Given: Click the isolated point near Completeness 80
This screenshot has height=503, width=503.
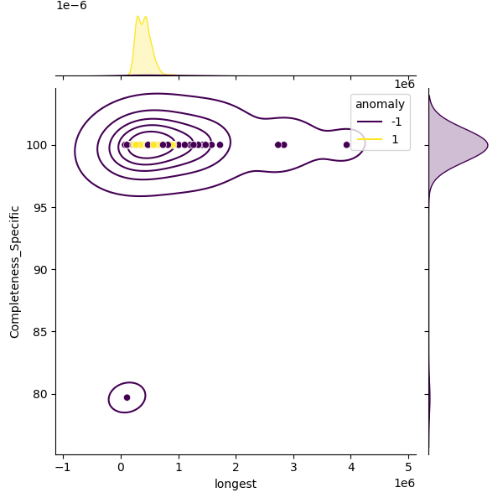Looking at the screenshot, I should tap(127, 397).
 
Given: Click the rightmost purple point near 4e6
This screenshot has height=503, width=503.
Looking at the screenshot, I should tap(346, 145).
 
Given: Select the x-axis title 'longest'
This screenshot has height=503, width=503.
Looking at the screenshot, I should tap(236, 484).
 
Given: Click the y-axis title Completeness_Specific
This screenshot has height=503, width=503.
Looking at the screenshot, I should tap(15, 272).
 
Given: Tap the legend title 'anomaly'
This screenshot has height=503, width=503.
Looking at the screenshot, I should tap(380, 104).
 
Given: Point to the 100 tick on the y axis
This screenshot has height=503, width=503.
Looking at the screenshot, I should tap(40, 145).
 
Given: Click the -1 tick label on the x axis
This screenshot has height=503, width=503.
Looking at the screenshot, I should tap(63, 466).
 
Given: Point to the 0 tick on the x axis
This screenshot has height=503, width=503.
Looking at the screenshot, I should tap(121, 466).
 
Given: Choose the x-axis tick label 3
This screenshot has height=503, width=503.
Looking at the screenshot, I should tap(293, 466).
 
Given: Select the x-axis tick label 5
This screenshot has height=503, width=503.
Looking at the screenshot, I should tap(409, 466).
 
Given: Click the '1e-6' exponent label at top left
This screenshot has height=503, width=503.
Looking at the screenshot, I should tap(71, 6).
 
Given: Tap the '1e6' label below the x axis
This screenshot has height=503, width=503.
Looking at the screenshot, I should tap(404, 483).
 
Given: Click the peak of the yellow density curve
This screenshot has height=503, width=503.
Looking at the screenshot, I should tap(137, 16).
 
